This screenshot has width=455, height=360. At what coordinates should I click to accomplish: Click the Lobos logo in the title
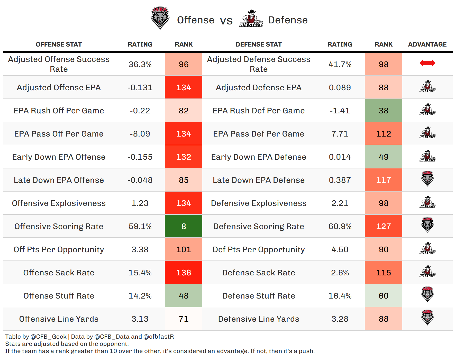point(160,18)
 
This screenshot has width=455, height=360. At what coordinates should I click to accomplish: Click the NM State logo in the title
point(251,19)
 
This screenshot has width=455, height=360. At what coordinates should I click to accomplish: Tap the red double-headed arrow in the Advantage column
point(427,63)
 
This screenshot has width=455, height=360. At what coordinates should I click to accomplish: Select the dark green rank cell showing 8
point(184,226)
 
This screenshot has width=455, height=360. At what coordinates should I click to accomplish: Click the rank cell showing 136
point(184,273)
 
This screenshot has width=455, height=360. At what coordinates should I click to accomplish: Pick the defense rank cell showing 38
point(384,111)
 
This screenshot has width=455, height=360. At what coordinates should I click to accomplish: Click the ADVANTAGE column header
point(427,44)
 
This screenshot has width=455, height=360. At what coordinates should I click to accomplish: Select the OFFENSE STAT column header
point(59,44)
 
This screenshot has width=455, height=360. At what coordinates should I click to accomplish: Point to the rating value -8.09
point(140,134)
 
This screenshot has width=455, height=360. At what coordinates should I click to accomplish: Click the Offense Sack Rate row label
point(59,273)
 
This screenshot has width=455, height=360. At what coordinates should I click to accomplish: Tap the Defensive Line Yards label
point(259,319)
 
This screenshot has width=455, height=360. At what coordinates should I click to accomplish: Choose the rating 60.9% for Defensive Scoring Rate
point(340,226)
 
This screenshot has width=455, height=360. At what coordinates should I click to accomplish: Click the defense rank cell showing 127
point(384,226)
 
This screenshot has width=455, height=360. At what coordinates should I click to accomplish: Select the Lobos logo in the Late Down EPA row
point(427,178)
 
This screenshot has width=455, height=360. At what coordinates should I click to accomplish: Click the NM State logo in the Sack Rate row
point(427,271)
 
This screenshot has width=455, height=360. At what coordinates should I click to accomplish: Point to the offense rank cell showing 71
point(184,319)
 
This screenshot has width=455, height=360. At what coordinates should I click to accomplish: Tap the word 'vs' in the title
point(226,21)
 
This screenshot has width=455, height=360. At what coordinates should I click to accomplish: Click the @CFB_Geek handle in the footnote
point(49,337)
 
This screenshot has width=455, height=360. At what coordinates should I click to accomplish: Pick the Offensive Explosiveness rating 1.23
point(140,203)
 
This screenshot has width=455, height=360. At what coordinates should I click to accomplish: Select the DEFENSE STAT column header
point(259,44)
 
